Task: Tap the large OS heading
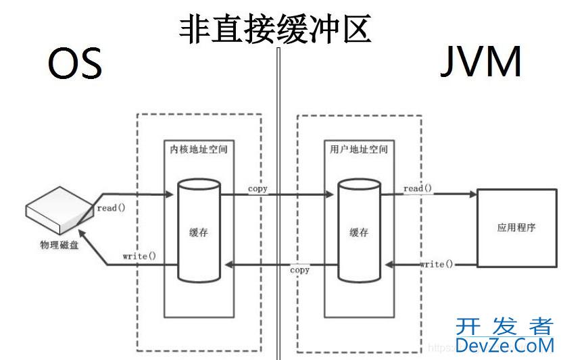(x=74, y=64)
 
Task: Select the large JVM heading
(x=481, y=63)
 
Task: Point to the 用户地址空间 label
(x=360, y=147)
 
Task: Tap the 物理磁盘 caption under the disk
(x=59, y=245)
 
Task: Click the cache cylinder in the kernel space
(x=199, y=230)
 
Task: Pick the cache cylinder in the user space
(x=359, y=230)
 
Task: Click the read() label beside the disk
(x=112, y=207)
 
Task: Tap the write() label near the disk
(x=139, y=256)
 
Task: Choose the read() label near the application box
(x=418, y=188)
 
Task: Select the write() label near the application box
(x=437, y=263)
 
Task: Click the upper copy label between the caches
(x=258, y=188)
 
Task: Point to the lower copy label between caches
(x=299, y=270)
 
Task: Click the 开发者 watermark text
(x=504, y=327)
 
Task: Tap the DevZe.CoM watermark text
(x=504, y=346)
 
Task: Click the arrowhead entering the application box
(x=473, y=195)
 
